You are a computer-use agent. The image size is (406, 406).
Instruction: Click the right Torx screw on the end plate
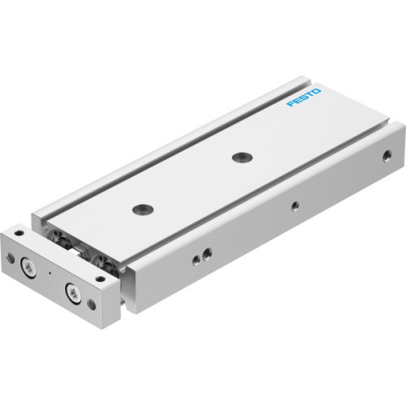pyautogui.click(x=76, y=294)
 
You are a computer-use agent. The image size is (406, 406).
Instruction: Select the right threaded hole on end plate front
pyautogui.click(x=91, y=304)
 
